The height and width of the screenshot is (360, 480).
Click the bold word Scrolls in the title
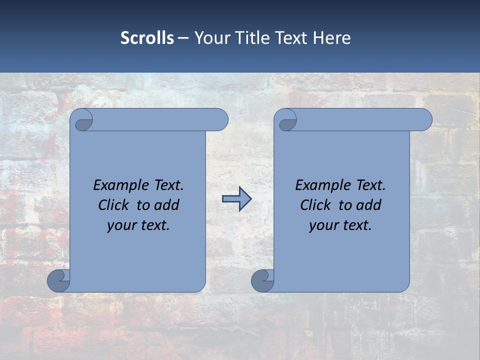point(147,38)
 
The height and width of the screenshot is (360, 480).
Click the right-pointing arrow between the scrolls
point(236,199)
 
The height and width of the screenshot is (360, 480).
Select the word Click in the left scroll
point(114,205)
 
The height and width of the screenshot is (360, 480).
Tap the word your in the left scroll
point(121,225)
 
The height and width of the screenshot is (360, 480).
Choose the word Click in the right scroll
point(316,205)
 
